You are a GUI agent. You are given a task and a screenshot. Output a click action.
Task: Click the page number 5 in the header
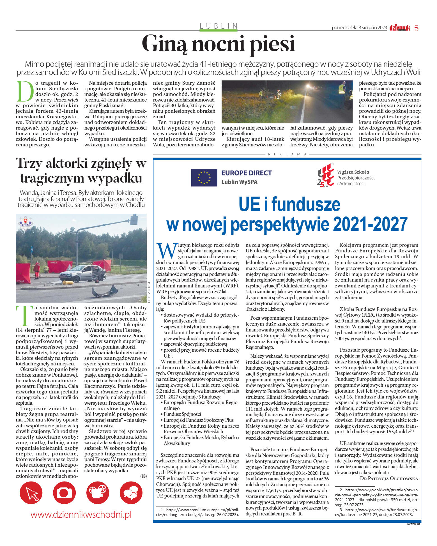point(417,28)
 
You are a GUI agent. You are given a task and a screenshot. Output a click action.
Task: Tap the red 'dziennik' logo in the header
point(399,28)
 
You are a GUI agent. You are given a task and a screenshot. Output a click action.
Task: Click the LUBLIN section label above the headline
point(219,26)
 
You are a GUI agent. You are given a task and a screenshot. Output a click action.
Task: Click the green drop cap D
point(25,91)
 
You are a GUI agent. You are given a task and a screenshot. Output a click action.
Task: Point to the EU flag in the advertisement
point(204,178)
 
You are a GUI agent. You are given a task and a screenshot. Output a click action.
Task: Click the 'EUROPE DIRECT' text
point(246,173)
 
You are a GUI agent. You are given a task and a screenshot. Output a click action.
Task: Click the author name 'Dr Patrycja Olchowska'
point(389,478)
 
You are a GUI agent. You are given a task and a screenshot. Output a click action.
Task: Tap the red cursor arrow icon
point(31,493)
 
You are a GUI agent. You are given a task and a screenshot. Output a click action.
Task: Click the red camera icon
point(64,493)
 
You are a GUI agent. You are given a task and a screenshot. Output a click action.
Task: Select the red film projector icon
point(98,493)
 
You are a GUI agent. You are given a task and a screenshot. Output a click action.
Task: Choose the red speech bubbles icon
point(131,493)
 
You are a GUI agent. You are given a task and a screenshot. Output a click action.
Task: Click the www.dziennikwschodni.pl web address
point(81,515)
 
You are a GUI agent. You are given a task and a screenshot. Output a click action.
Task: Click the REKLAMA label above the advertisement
point(287,154)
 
